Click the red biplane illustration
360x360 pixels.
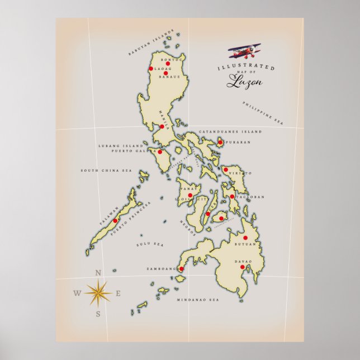tap(245, 52)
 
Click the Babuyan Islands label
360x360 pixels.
tap(151, 42)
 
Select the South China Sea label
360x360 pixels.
tap(106, 170)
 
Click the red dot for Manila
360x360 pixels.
tap(162, 127)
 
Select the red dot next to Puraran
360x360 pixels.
tap(220, 143)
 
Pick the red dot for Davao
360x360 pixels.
tap(242, 267)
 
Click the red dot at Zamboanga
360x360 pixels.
tap(181, 269)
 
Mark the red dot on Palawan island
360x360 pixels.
tap(115, 221)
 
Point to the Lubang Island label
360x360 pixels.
tap(120, 145)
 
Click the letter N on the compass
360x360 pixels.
tap(98, 273)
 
